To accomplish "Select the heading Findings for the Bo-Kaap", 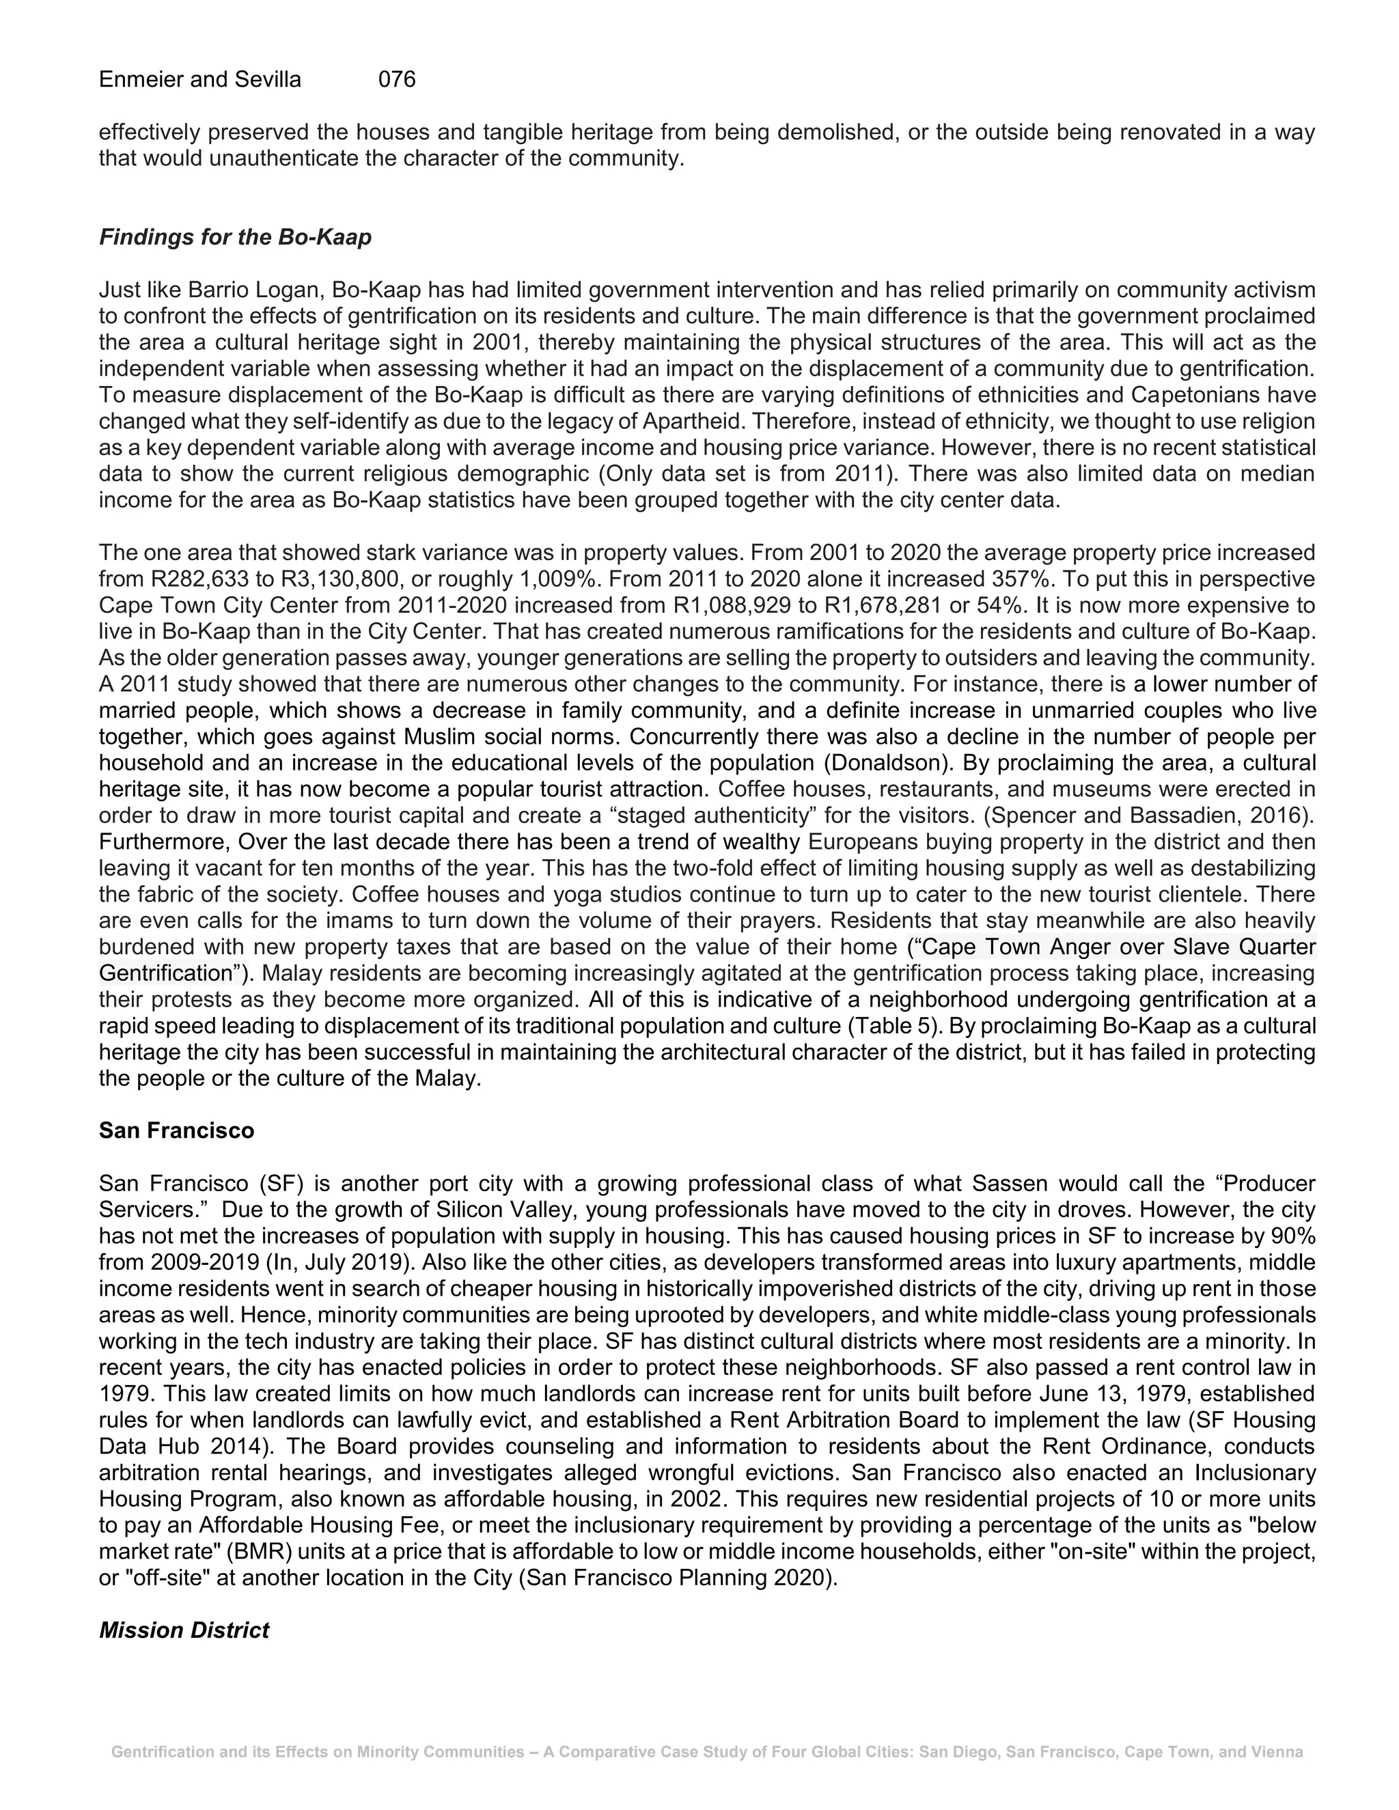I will (x=236, y=237).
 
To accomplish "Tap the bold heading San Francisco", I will (x=176, y=1130).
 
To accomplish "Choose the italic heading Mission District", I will (x=184, y=1630).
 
